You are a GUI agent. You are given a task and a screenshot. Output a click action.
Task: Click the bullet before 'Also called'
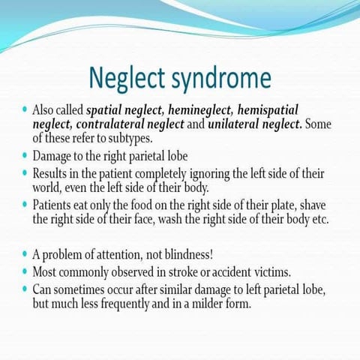pyautogui.click(x=25, y=109)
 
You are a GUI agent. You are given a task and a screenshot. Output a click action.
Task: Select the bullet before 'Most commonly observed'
pyautogui.click(x=25, y=270)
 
